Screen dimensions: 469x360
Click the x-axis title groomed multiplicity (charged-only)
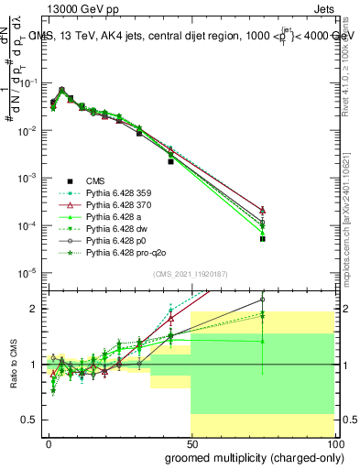click(x=249, y=456)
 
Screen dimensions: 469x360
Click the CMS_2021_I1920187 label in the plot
click(x=191, y=272)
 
